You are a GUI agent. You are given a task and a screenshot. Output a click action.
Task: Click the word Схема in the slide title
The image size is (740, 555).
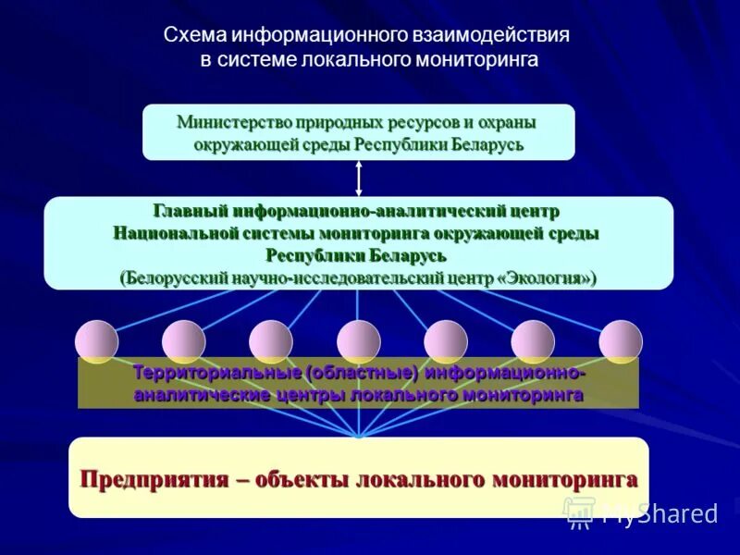[195, 36]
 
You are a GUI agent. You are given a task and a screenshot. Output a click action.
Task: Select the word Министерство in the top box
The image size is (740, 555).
[230, 122]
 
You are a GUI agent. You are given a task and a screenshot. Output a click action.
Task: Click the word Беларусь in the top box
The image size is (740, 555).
[486, 144]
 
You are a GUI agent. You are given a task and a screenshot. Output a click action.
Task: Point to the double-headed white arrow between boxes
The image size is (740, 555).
[358, 178]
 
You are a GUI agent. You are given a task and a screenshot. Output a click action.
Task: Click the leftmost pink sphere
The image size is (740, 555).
[96, 341]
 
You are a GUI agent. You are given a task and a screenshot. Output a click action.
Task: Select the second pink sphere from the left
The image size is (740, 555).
[183, 341]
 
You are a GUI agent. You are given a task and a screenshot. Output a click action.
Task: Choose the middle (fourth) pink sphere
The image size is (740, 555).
[359, 341]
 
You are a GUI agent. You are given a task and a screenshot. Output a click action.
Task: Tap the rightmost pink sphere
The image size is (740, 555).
[621, 341]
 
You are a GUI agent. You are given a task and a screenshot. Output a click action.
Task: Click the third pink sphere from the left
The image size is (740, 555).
[271, 341]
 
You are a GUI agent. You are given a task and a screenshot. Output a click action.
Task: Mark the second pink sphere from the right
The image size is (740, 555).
[533, 341]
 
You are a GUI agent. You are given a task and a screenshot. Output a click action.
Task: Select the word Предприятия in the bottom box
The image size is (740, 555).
[154, 479]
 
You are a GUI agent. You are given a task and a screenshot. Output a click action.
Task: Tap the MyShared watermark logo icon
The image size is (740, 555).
[579, 512]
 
